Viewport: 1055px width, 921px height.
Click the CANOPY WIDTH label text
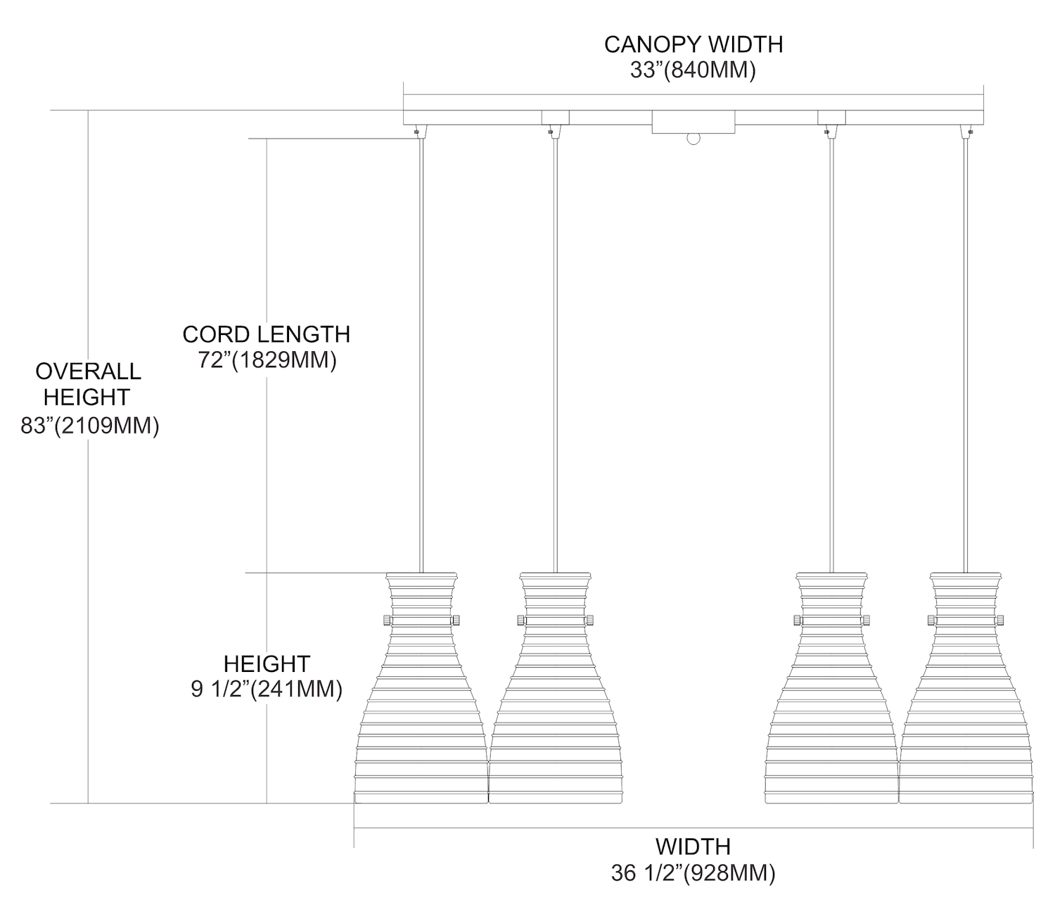693,44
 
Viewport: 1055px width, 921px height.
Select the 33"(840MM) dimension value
693,70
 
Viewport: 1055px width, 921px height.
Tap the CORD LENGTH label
267,334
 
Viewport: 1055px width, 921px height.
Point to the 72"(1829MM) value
267,360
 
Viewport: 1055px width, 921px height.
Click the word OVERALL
88,371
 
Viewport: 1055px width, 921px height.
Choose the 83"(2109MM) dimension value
89,425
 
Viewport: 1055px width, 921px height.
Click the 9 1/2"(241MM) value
267,689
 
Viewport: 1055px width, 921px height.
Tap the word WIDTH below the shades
693,846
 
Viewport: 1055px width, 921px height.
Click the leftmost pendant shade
421,704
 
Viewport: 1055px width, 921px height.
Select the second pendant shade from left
555,704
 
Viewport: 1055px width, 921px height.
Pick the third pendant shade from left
831,704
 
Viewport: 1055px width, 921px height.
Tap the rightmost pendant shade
965,704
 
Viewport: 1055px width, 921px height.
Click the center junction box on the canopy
693,121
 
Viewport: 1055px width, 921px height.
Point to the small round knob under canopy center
693,139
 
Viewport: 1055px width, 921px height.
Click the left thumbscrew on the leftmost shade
386,620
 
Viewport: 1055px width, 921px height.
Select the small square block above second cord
555,117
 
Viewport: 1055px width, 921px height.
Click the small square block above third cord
831,117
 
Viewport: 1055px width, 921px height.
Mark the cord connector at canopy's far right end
970,131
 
